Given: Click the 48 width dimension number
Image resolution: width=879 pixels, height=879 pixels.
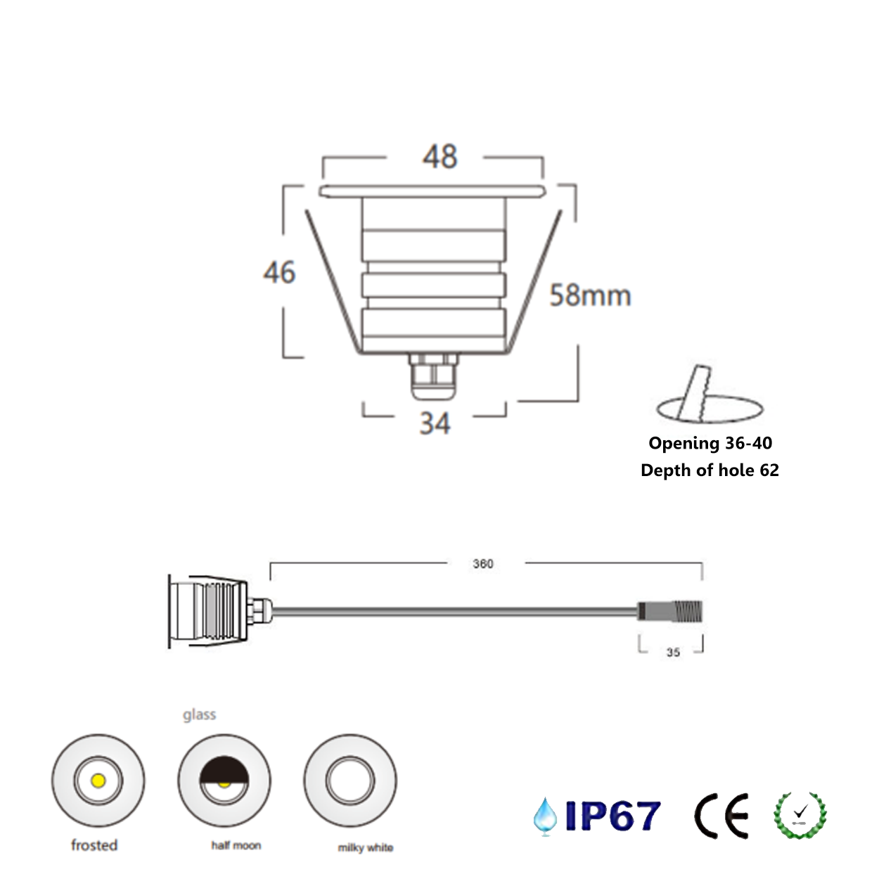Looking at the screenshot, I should pos(440,156).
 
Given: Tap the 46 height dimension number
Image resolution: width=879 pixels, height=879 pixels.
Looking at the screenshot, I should pos(279,272).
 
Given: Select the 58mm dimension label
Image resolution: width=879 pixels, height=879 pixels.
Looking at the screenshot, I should pos(590,295).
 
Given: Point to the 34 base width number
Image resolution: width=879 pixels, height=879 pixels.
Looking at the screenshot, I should pos(435,423).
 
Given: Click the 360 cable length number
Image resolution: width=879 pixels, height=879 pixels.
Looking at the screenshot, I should pos(483,564).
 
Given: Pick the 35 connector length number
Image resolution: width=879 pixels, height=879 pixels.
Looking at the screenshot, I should pos(673,653).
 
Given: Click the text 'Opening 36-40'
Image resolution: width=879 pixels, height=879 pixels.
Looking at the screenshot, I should pos(710,443).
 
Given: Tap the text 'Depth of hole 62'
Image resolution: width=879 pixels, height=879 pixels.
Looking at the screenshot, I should pos(710,470).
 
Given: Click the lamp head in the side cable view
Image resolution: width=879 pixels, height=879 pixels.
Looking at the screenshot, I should pos(208,610).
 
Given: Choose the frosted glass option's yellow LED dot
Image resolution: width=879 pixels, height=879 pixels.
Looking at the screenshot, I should pos(98,781).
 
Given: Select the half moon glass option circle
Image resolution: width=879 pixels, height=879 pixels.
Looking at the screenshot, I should pos(224,781).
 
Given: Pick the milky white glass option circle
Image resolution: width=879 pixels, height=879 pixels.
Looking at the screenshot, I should pos(350,781).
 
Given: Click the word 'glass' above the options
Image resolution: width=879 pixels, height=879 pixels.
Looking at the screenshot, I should pos(199,714).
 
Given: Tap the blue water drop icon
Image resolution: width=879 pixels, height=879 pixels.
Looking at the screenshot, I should pos(545,816).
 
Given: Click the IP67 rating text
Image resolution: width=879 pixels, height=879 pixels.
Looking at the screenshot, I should pos(612,816).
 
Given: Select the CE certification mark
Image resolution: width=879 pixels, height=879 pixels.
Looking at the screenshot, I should pos(721,816).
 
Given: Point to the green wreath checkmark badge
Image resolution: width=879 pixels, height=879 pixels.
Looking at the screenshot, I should pos(800,816).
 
